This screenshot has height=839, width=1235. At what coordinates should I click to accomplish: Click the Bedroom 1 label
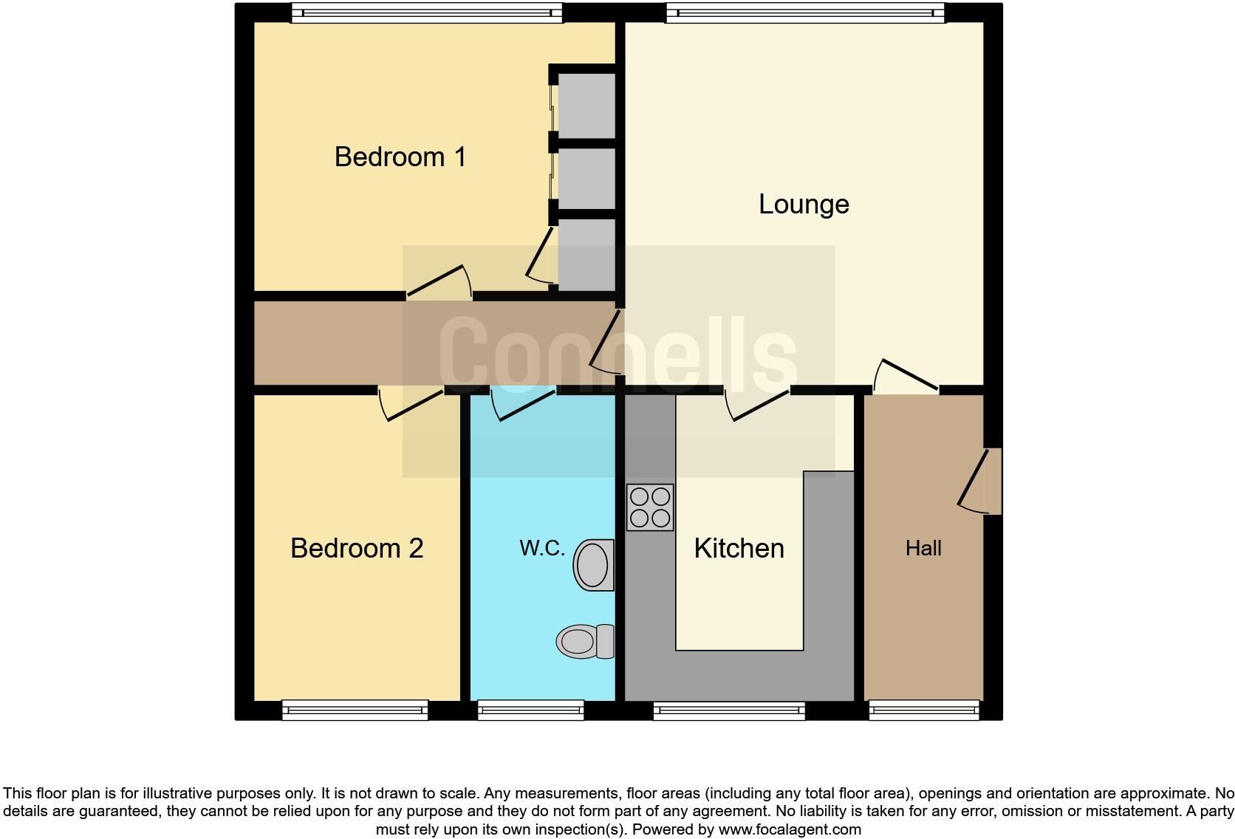pos(400,157)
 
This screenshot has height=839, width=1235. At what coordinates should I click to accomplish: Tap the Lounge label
pos(804,204)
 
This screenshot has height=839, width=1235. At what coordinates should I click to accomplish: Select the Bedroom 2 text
pos(357,548)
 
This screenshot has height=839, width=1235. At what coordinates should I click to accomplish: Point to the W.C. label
pos(542,548)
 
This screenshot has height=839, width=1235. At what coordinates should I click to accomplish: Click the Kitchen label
pos(739,548)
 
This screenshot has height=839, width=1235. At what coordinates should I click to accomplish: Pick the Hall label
pos(923,548)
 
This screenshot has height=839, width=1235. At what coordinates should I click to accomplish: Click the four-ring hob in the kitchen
pos(650,507)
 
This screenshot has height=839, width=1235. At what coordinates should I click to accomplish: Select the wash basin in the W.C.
pos(594,565)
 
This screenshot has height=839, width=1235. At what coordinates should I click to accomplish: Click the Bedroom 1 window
pos(426,13)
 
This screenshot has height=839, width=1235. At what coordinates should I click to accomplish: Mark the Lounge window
pos(805,13)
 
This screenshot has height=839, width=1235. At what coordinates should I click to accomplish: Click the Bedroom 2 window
pos(355,710)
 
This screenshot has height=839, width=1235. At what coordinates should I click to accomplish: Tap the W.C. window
pos(530,710)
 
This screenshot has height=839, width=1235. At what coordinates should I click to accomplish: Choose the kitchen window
pos(729,710)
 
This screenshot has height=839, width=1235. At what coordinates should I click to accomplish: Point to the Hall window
pos(924,710)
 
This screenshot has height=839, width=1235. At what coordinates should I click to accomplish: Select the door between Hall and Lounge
pos(906,376)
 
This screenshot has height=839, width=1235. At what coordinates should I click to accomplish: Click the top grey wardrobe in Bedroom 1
pos(586,105)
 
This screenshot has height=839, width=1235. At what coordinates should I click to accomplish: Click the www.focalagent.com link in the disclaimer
pos(789,829)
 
